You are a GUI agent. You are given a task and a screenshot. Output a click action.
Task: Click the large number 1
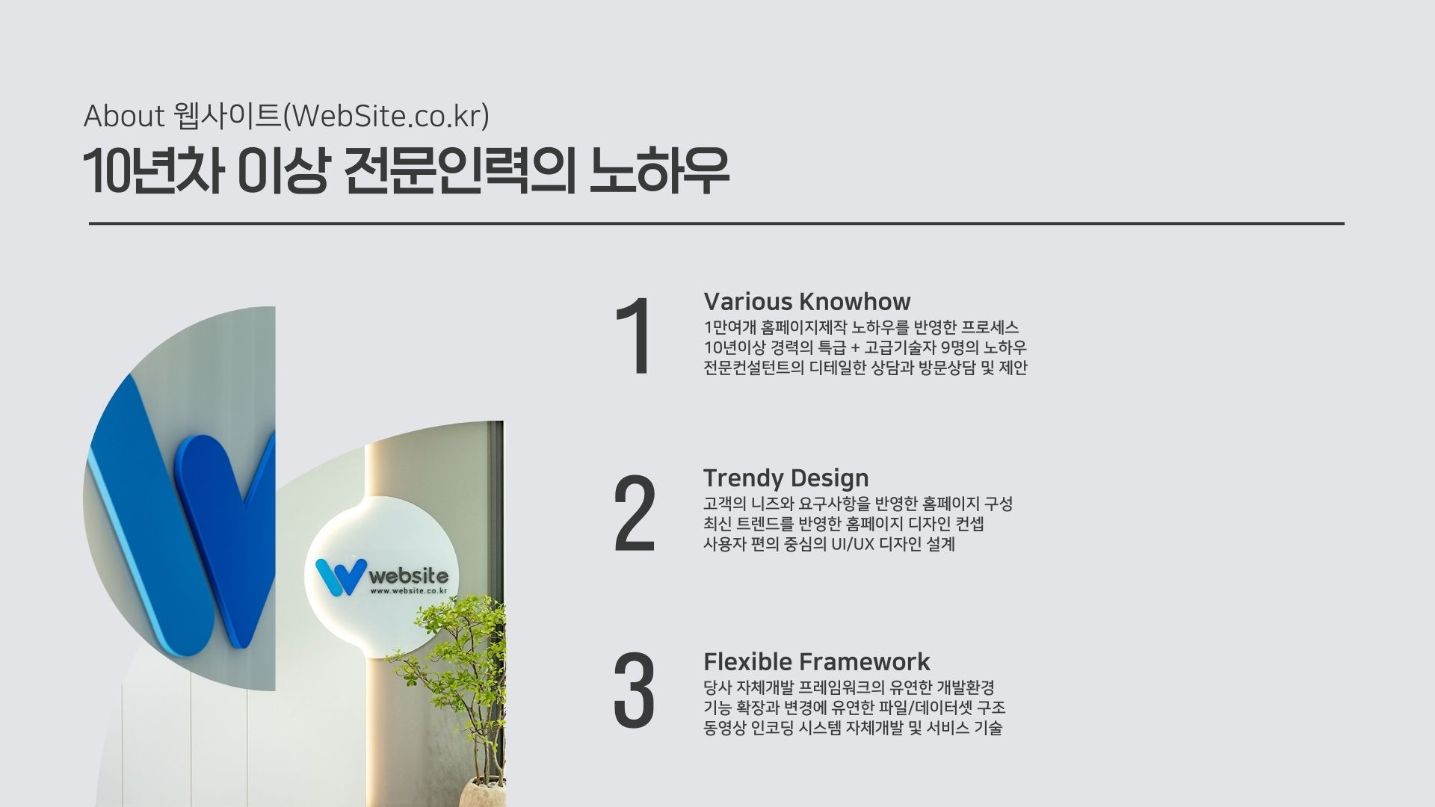(634, 336)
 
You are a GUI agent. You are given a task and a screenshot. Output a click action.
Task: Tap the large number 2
(635, 513)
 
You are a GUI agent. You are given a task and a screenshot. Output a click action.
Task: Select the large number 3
(634, 690)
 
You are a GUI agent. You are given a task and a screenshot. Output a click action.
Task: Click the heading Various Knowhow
(807, 302)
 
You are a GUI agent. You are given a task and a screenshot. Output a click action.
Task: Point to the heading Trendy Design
(786, 478)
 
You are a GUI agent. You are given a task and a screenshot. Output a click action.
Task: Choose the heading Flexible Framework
(817, 662)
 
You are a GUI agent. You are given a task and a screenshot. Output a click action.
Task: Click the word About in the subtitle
(124, 117)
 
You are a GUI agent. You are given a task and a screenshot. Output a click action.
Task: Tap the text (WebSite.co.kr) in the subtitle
(387, 117)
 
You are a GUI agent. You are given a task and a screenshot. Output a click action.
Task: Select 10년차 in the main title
(153, 173)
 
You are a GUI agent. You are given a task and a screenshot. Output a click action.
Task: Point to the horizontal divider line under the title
(717, 223)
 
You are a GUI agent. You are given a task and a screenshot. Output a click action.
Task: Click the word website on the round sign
(409, 576)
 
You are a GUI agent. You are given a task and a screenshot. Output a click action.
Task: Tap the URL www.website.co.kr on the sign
(409, 591)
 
